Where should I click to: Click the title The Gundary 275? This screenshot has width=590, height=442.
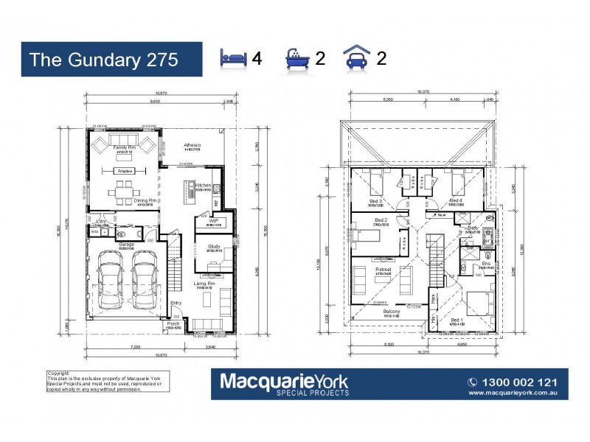(104, 60)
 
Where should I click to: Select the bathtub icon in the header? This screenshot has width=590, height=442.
(296, 58)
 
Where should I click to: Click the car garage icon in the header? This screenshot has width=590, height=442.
(358, 57)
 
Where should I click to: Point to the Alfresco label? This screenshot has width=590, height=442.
(192, 146)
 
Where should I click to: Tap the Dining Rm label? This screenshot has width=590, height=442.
(145, 200)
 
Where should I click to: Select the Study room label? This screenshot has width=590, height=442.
(214, 247)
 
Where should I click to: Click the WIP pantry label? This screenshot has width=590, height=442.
(213, 220)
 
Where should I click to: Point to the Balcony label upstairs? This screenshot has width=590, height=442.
(391, 312)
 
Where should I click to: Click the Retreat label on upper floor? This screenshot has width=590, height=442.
(383, 269)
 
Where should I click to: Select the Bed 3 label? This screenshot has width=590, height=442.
(375, 200)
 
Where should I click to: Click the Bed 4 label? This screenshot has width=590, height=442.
(457, 200)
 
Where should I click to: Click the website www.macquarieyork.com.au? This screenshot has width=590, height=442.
(516, 393)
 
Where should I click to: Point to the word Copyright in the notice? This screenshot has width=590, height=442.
(58, 373)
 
